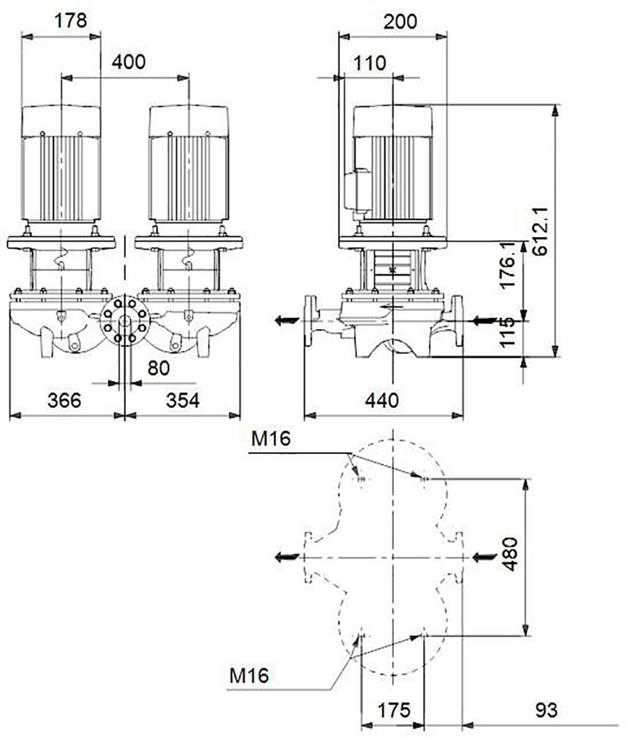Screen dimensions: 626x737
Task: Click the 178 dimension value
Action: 71,20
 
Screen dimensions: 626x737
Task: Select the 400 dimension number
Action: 129,62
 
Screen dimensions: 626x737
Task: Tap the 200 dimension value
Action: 400,22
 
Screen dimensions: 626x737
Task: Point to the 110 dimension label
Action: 370,63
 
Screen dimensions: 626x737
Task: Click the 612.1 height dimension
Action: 540,231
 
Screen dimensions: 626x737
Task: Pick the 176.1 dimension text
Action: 508,266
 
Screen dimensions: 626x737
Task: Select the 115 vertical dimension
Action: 508,331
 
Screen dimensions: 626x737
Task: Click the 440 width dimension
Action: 382,400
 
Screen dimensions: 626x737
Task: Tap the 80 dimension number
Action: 158,368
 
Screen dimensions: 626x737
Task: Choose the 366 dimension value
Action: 65,400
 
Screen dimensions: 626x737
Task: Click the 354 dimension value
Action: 182,400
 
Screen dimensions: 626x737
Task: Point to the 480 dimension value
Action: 509,555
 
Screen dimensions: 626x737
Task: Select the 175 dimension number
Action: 394,710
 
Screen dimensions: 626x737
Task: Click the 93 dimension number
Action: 546,710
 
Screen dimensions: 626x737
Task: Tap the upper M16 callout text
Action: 271,438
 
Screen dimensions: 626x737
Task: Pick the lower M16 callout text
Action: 249,676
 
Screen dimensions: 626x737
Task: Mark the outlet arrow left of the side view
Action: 287,321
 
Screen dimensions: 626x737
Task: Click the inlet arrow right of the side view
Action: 485,321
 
